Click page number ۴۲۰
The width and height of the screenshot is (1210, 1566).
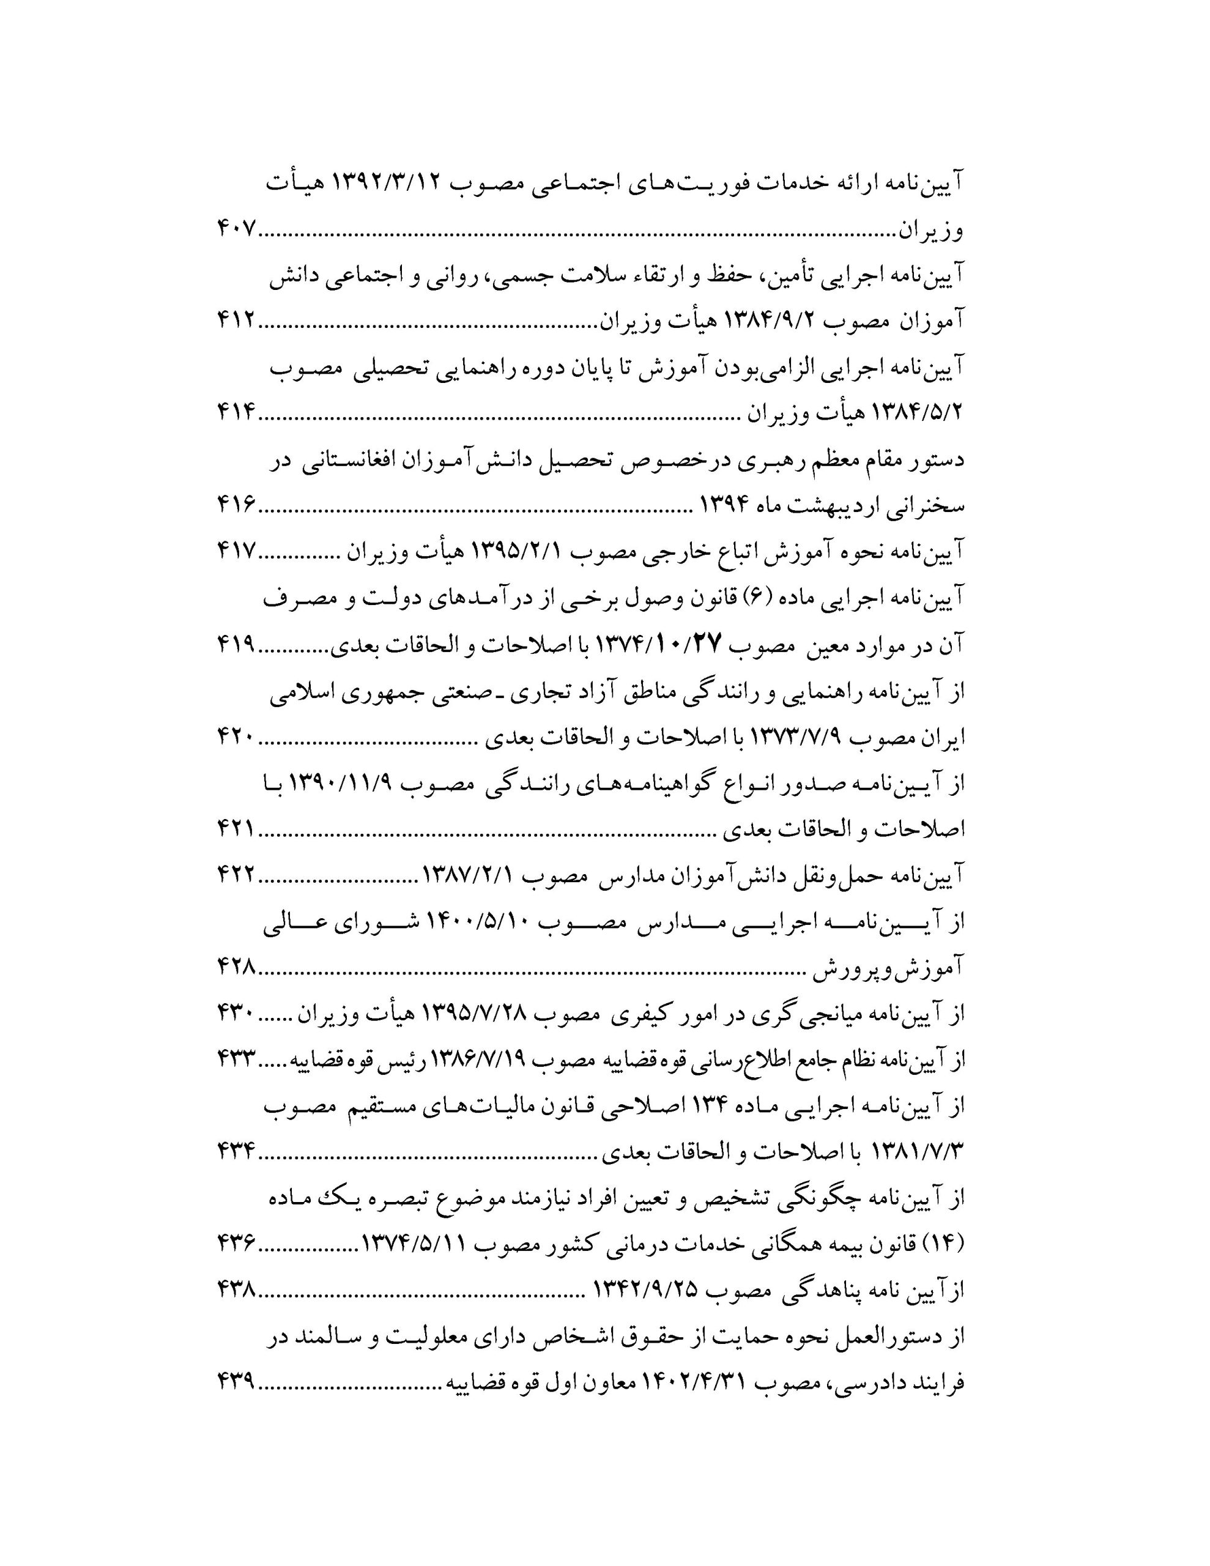coord(236,737)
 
